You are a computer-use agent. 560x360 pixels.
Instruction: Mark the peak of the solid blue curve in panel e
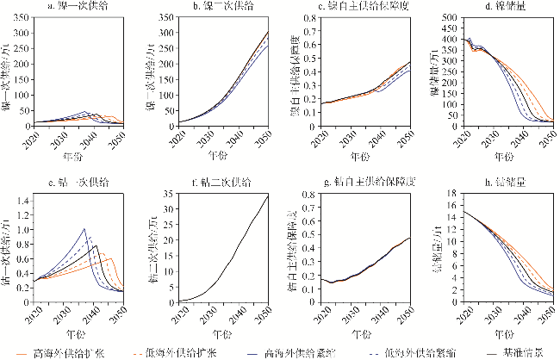pos(84,229)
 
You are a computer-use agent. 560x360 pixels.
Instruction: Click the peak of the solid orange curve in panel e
pos(110,258)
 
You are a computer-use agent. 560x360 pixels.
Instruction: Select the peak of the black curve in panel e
pos(97,245)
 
